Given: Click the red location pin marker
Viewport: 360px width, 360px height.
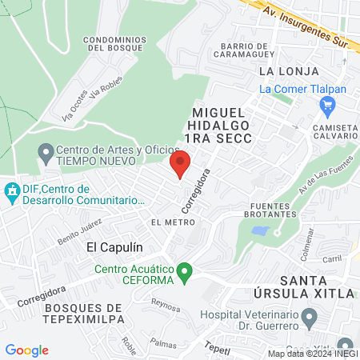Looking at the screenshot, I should (x=180, y=163).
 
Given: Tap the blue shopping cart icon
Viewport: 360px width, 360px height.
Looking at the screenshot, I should (x=326, y=104).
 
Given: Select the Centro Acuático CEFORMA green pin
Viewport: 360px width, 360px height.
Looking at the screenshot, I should (x=185, y=274).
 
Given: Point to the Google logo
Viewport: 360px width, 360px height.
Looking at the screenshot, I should (x=26, y=350).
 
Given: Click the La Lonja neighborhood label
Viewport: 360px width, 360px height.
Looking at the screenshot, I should (x=278, y=71).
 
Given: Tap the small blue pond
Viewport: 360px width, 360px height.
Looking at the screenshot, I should (x=260, y=231).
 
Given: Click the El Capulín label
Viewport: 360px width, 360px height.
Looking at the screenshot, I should (x=109, y=248).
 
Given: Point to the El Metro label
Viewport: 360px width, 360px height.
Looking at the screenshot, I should (x=167, y=222).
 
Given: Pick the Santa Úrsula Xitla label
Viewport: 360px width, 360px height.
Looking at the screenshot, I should (x=316, y=287).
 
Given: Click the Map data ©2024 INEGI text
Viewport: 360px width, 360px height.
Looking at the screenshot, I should (x=312, y=353).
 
